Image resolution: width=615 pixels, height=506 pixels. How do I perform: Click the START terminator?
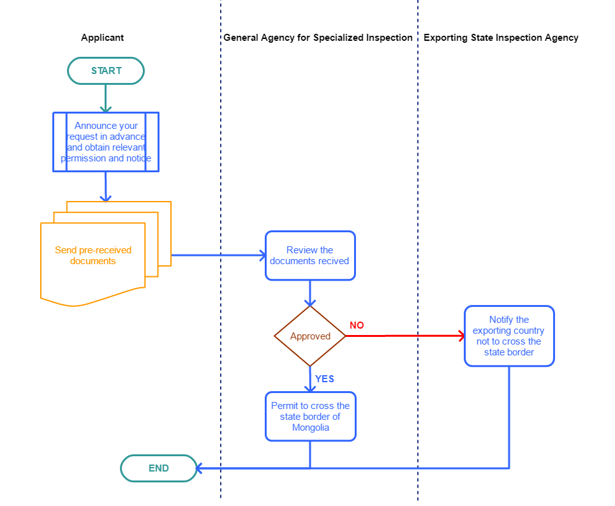tap(106, 71)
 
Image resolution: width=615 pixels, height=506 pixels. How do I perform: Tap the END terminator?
tap(158, 468)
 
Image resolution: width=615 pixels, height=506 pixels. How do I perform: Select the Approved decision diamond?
tap(310, 336)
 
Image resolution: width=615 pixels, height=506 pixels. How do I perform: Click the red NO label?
tap(357, 325)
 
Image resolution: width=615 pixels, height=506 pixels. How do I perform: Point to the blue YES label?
tap(324, 379)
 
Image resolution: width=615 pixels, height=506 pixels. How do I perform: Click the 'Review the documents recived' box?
tap(310, 256)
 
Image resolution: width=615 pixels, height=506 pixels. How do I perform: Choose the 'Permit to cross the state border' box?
tap(310, 417)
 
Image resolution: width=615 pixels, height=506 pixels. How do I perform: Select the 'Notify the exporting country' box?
tap(508, 336)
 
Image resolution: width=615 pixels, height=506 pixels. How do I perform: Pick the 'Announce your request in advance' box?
tap(106, 142)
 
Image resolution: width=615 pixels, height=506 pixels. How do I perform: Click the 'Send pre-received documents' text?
tap(93, 256)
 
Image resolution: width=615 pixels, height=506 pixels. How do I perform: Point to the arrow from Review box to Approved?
tap(310, 294)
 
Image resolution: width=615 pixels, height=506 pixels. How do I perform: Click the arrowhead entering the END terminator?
tap(199, 468)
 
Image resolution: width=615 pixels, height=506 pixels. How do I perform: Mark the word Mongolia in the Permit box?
tap(310, 428)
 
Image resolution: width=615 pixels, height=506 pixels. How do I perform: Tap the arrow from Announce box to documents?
tap(106, 186)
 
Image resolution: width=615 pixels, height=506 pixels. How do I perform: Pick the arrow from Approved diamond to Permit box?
tap(310, 379)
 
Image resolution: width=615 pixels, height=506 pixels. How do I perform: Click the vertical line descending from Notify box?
tap(509, 415)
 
